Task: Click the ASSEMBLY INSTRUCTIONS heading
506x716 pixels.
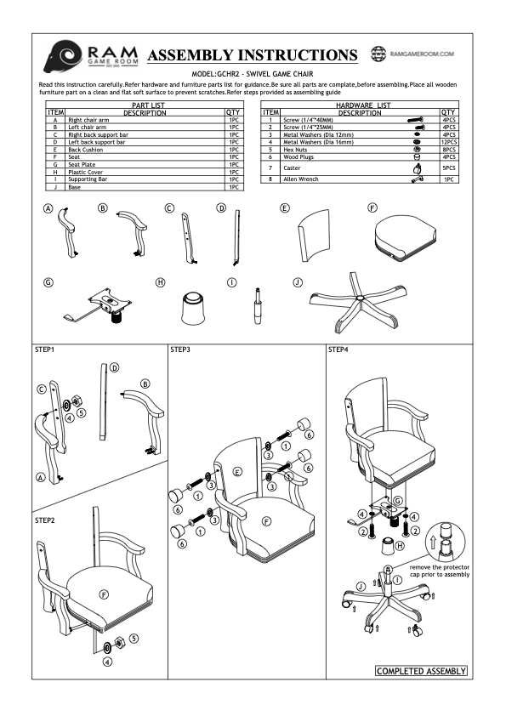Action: point(253,55)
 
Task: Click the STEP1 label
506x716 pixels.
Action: point(45,349)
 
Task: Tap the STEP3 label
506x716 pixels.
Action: point(180,349)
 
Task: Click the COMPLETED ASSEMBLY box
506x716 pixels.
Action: point(421,671)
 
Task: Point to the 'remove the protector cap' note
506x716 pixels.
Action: point(439,570)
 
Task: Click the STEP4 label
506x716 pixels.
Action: point(338,349)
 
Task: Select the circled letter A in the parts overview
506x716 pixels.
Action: point(48,209)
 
